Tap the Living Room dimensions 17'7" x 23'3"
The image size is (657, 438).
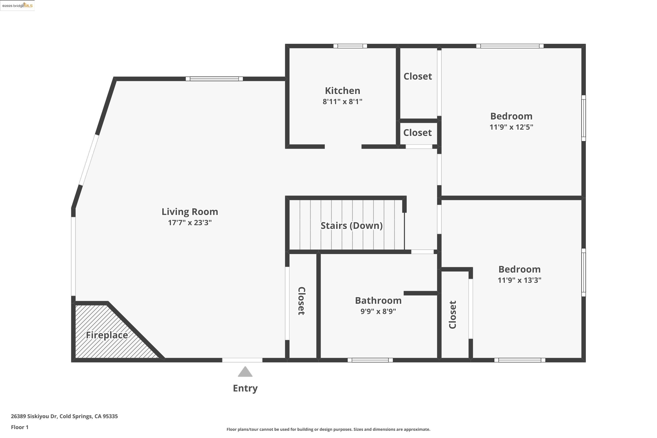point(190,223)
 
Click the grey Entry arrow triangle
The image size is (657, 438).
point(245,372)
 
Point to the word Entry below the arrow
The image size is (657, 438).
point(245,388)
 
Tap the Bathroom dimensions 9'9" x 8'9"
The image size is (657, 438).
point(378,311)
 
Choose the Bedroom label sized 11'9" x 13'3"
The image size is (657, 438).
point(519,269)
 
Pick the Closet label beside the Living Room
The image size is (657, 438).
point(301,301)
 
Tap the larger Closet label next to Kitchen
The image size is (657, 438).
point(418,76)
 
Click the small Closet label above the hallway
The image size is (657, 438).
point(417,133)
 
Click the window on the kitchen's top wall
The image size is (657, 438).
point(350,46)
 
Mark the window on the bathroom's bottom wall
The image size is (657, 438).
point(370,360)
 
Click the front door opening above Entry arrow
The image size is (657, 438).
point(242,360)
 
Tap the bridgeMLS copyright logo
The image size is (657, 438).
point(17,6)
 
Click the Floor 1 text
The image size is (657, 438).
point(19,427)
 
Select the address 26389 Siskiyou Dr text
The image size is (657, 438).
point(64,416)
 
